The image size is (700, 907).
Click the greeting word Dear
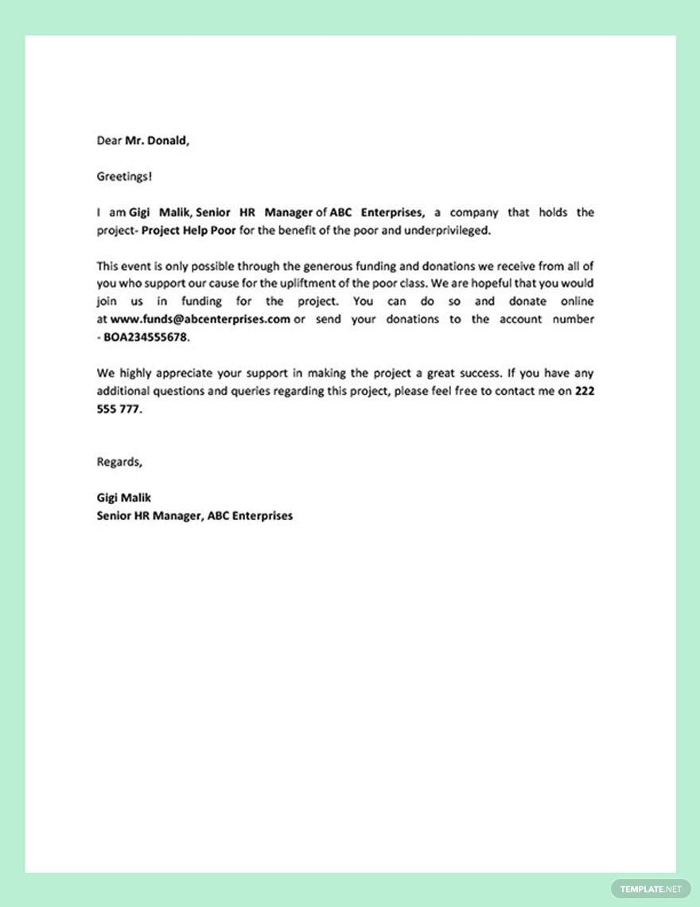[109, 141]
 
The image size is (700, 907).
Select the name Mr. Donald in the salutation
[157, 141]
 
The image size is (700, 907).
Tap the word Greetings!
[123, 177]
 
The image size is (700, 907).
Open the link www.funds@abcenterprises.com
[200, 319]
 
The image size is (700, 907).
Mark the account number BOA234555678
[146, 337]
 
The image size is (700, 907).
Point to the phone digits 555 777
[119, 409]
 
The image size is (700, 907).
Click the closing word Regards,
[119, 462]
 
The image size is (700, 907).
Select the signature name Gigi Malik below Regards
[123, 498]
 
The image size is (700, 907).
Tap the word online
[574, 302]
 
